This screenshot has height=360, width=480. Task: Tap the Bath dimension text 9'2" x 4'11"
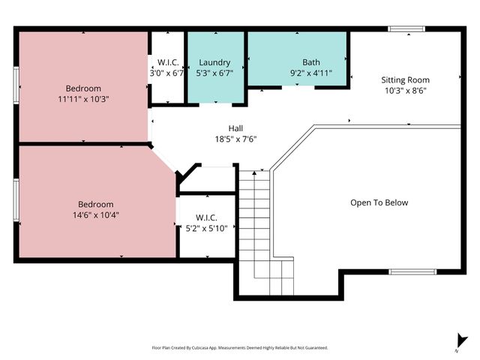(310, 73)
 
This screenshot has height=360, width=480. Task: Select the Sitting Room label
(406, 79)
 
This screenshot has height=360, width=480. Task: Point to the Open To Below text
(379, 202)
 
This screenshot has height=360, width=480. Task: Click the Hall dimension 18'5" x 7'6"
(235, 139)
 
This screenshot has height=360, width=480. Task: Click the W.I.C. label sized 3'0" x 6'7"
(166, 67)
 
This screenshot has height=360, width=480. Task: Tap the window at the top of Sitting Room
(406, 29)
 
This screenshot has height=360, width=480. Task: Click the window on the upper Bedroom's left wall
(16, 85)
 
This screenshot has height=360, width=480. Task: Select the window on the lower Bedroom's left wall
(16, 203)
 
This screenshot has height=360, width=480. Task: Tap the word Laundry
(214, 62)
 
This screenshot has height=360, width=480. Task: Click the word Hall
(235, 128)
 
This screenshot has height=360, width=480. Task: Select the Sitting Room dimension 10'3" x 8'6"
(406, 90)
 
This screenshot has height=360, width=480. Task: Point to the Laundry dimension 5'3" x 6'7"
(214, 73)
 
